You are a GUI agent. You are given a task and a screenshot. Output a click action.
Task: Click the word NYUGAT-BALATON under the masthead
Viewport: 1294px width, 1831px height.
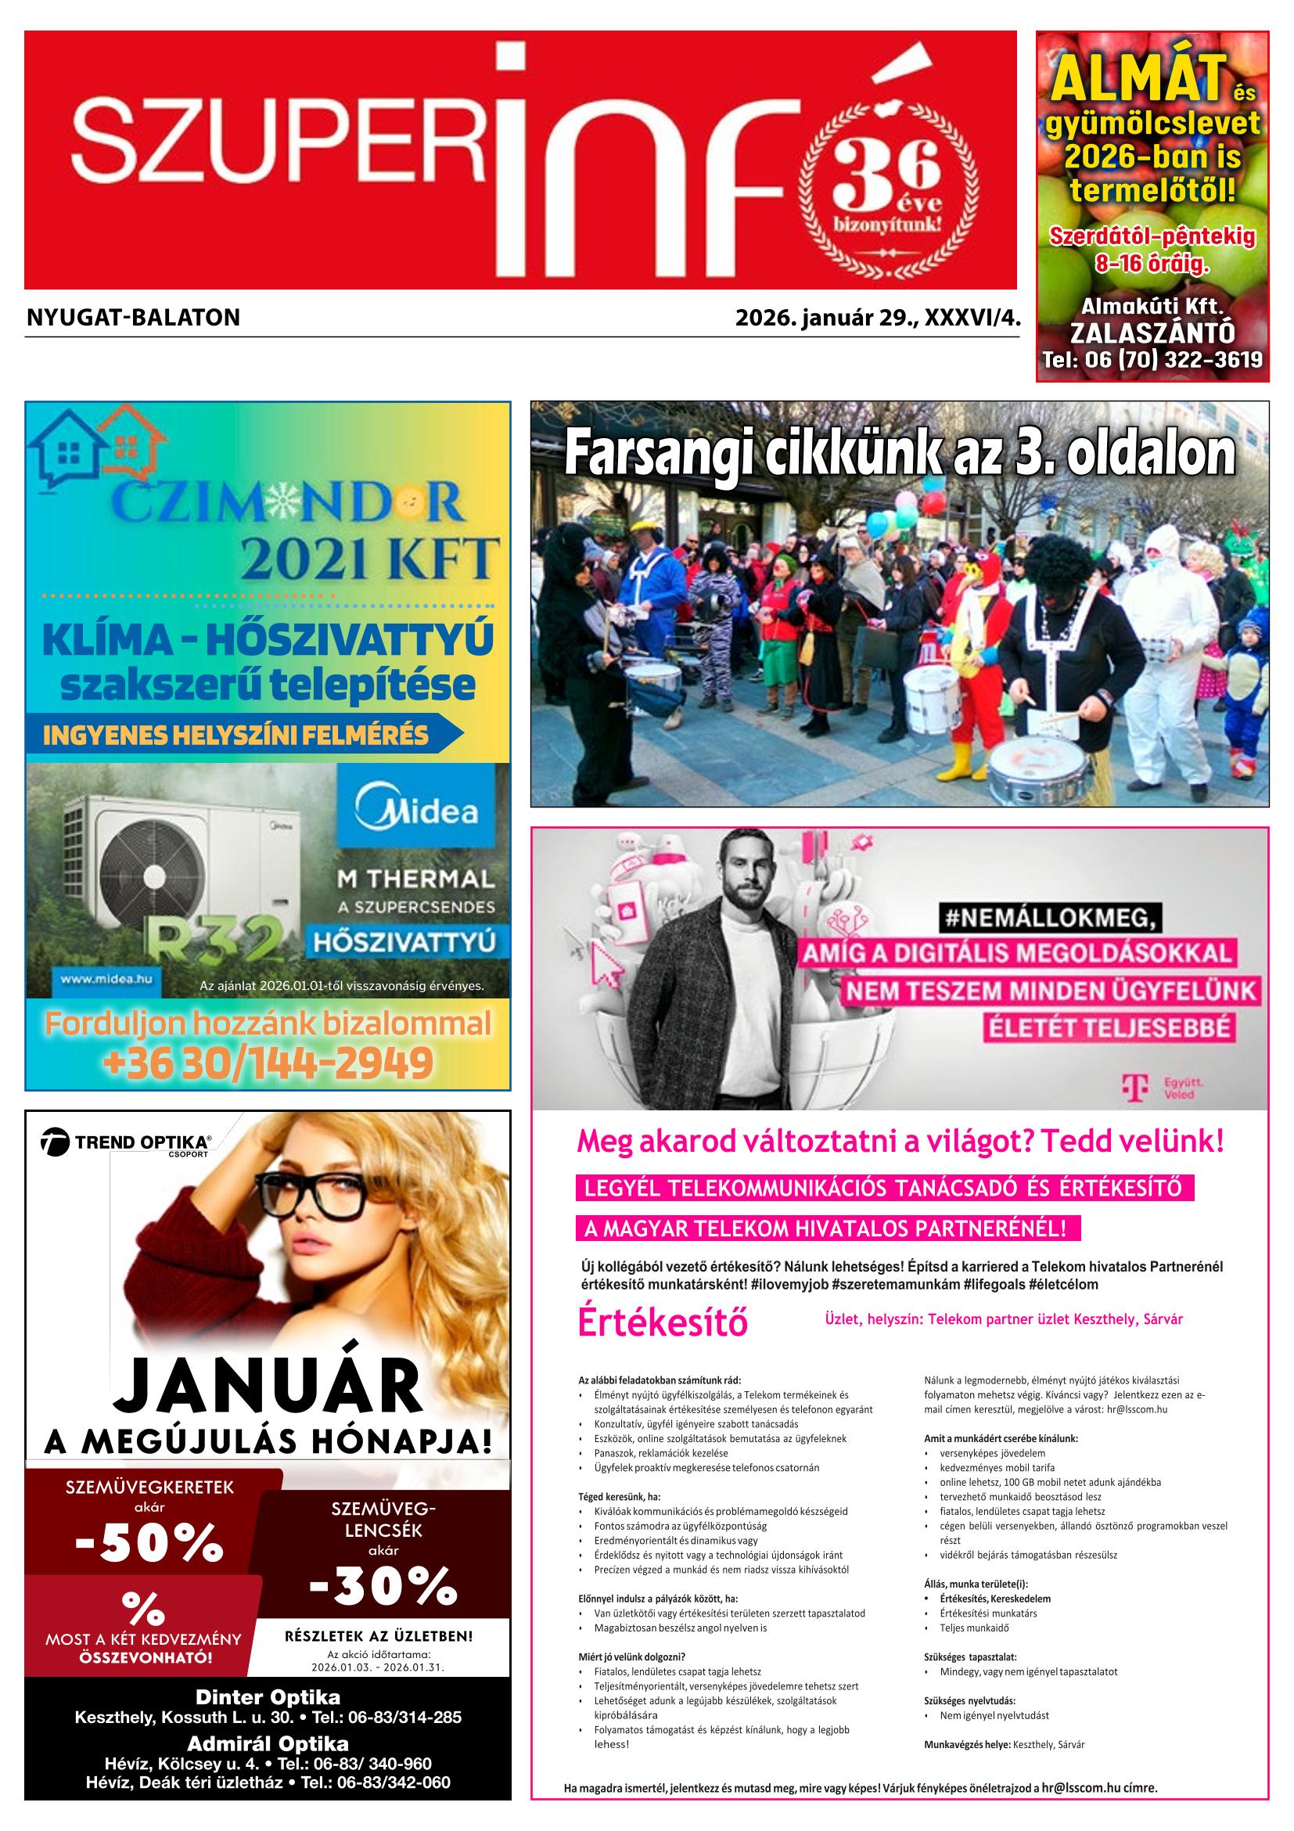coord(133,318)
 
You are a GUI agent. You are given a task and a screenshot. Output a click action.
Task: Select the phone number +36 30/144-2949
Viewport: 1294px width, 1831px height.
coord(268,1063)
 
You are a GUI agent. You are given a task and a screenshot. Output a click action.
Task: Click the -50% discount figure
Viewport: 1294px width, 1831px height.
coord(149,1542)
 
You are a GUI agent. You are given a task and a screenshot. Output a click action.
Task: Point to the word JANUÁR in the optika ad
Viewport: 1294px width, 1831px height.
coord(268,1388)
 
